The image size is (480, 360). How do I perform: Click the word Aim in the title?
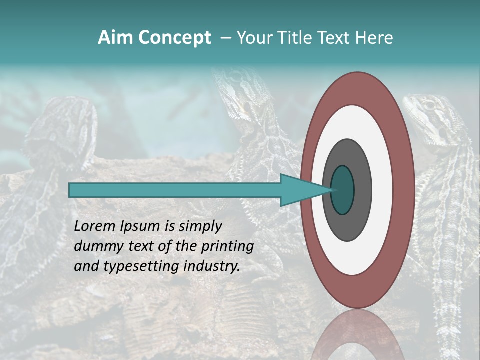pos(115,38)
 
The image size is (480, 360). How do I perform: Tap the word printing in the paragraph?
pos(227,247)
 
